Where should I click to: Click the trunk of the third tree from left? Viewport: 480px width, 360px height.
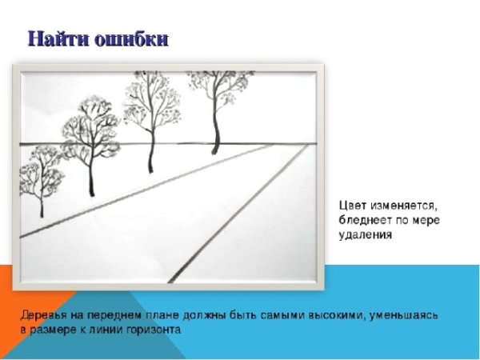point(150,152)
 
